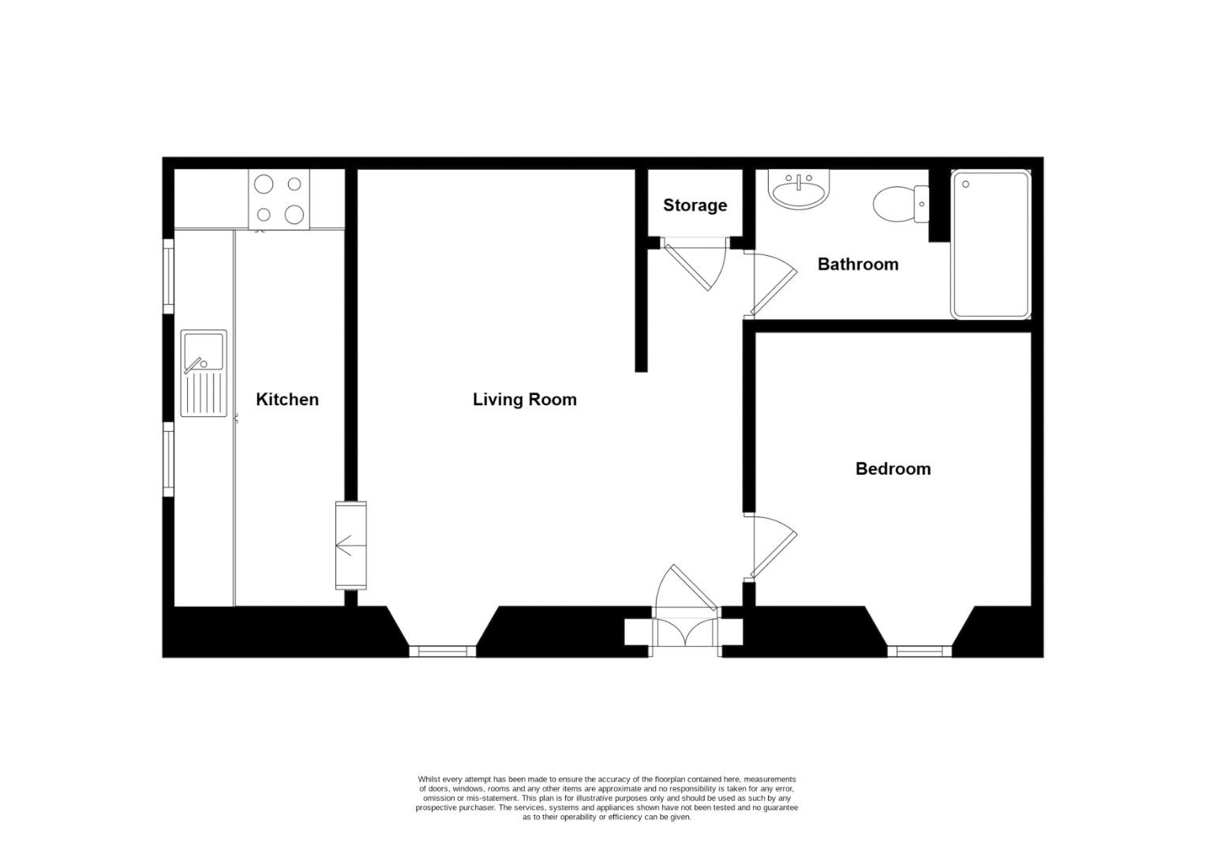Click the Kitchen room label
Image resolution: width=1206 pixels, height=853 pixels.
(x=287, y=400)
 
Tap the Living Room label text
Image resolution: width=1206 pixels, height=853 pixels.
(x=524, y=400)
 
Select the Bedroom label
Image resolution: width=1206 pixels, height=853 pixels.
(x=893, y=469)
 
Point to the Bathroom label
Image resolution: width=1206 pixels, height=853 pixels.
(x=857, y=265)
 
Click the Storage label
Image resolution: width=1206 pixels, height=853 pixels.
(x=695, y=205)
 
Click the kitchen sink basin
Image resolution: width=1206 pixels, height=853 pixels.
(x=203, y=351)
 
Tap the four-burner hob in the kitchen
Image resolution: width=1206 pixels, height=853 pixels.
(x=279, y=199)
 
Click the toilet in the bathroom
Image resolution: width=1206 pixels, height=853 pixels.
(x=898, y=204)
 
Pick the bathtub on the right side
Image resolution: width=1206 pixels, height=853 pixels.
(x=991, y=245)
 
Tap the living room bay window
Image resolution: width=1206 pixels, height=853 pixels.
(x=442, y=651)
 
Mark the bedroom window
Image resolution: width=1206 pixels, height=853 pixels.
(x=919, y=651)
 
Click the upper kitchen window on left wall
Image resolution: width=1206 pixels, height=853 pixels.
(x=168, y=276)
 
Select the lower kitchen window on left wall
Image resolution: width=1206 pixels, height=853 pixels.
(x=168, y=460)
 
